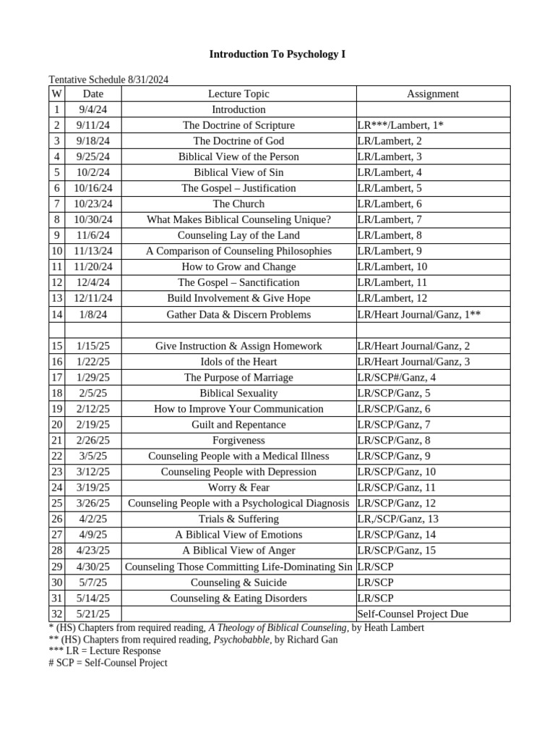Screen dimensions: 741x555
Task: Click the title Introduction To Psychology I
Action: click(x=277, y=54)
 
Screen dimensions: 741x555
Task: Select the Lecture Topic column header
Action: click(x=238, y=94)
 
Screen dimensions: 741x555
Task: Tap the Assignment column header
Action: click(x=432, y=94)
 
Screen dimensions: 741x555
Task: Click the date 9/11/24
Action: click(x=93, y=125)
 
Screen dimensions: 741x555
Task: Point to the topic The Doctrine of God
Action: click(x=238, y=141)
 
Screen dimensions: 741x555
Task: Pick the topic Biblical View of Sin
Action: click(x=238, y=172)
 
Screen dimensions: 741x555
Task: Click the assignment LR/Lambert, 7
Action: click(x=390, y=219)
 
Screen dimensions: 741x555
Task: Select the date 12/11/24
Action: click(x=93, y=298)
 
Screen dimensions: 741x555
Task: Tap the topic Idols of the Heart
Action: click(x=238, y=362)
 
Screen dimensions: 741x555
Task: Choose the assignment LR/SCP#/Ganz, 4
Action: click(x=397, y=377)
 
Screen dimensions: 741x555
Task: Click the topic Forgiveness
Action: click(x=238, y=440)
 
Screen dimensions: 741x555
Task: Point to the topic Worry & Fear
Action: click(x=238, y=488)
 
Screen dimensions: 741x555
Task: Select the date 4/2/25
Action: click(x=93, y=519)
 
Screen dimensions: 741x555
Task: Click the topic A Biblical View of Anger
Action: click(x=238, y=551)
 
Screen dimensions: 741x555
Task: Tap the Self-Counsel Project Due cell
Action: click(x=413, y=614)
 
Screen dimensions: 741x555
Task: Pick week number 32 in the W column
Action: click(x=57, y=614)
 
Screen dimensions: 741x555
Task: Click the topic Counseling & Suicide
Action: click(x=238, y=583)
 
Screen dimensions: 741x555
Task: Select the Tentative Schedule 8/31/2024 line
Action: click(x=108, y=80)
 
